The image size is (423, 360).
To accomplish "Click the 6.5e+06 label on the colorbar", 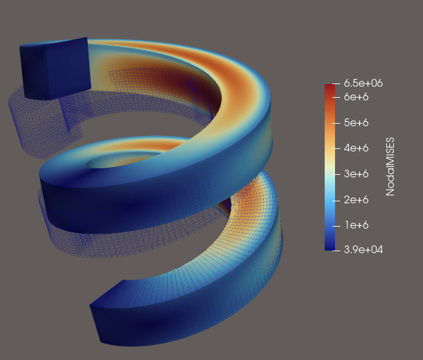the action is [363, 84].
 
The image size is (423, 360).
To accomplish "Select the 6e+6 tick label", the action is [356, 97].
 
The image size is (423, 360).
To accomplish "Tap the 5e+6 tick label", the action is [356, 123].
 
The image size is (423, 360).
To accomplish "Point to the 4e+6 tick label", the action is [356, 148].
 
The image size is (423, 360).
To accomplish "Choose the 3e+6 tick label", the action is [356, 174].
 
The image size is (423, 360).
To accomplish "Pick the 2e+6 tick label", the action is [356, 200].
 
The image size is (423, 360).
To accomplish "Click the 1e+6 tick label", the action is [356, 225].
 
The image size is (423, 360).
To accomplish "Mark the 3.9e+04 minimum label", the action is [363, 250].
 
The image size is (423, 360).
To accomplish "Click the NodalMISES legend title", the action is [391, 166].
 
